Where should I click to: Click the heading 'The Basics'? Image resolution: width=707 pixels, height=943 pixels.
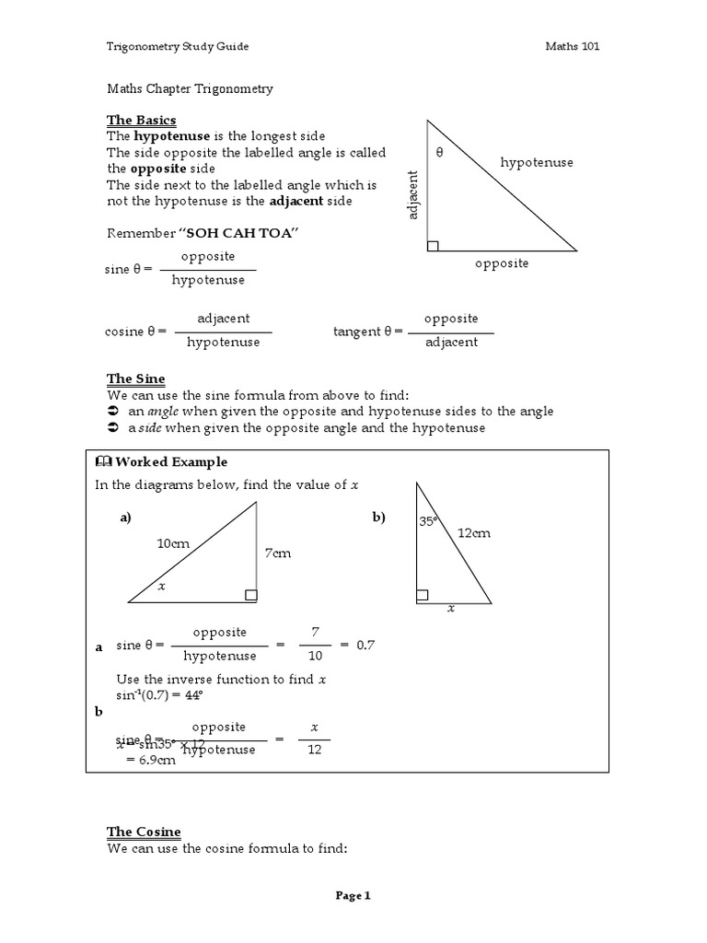point(141,121)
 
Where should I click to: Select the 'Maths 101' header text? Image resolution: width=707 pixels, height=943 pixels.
point(572,46)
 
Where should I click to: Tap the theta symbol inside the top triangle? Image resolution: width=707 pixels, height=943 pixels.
point(439,153)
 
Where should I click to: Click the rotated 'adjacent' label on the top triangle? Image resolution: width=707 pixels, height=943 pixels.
point(413,194)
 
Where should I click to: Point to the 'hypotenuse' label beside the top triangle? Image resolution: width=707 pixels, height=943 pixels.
point(537,162)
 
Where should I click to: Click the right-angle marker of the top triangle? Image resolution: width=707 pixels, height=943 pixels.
point(433,245)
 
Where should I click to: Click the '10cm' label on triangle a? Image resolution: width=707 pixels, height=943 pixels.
point(173,543)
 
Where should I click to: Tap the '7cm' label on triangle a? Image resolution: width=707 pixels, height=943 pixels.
point(277,553)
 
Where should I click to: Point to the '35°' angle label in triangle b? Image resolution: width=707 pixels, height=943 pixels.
point(428,521)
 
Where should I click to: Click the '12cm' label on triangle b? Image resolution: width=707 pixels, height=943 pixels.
point(474,532)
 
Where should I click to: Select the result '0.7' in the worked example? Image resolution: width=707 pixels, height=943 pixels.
point(365,645)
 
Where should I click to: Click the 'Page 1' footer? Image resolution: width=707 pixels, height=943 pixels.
point(353,895)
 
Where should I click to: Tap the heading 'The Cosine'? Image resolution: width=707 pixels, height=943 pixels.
point(144,832)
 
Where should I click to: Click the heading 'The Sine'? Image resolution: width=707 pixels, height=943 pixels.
point(135,378)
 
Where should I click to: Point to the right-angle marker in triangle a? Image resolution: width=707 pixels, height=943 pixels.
point(250,596)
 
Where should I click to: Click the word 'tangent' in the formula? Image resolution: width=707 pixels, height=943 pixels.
point(355,332)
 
